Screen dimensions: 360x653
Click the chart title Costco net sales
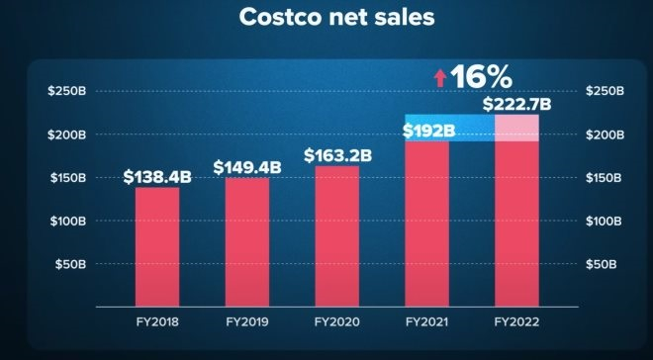(x=326, y=19)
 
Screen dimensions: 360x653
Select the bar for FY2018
(x=157, y=247)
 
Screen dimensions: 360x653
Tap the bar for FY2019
(x=246, y=242)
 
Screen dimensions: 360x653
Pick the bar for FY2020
(x=336, y=237)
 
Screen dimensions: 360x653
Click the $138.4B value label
(x=157, y=177)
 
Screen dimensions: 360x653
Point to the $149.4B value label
(x=246, y=167)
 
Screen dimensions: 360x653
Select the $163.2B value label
(x=336, y=155)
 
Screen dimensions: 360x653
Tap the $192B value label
(x=428, y=130)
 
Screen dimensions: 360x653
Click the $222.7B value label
(x=516, y=104)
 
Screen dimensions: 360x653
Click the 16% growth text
(x=483, y=76)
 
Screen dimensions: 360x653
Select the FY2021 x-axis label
(x=426, y=322)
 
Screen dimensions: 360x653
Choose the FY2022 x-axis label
(x=516, y=322)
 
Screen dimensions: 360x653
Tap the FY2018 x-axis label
(x=157, y=322)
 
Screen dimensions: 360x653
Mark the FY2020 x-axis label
(x=336, y=322)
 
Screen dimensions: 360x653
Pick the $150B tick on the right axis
(x=605, y=178)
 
